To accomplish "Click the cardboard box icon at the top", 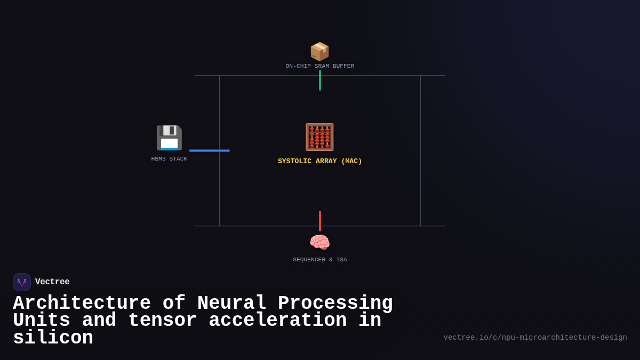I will (319, 51).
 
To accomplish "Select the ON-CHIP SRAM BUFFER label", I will (319, 66).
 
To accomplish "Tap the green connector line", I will (320, 81).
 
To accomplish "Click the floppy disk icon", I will (169, 138).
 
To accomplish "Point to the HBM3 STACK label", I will (169, 159).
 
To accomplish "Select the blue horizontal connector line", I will (209, 150).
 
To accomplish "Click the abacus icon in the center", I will (319, 137).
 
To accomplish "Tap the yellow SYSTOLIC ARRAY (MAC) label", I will (319, 161).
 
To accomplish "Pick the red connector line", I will (320, 221).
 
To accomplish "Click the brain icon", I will (319, 243).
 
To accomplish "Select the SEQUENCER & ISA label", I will (319, 260).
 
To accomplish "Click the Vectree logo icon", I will (22, 282).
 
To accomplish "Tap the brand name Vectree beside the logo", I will (52, 282).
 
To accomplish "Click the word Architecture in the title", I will (82, 303).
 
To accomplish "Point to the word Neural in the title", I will (231, 303).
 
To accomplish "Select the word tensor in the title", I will (162, 321).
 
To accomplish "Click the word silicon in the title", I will (53, 338).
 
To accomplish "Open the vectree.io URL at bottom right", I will (535, 338).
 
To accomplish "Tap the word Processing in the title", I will (335, 303).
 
